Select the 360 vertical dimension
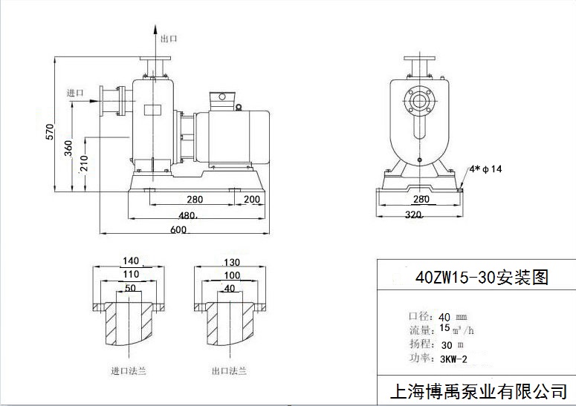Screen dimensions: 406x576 68,148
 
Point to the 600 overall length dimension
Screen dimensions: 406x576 177,230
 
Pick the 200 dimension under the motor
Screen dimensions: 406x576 251,200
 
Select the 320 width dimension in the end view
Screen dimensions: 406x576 413,215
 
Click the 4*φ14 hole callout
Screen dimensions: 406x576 487,169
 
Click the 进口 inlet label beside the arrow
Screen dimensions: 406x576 75,93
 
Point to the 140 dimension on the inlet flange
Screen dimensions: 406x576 130,261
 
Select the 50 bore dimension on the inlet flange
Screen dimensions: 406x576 130,288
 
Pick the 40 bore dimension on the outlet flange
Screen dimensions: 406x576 229,288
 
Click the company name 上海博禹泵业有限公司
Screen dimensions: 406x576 478,390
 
